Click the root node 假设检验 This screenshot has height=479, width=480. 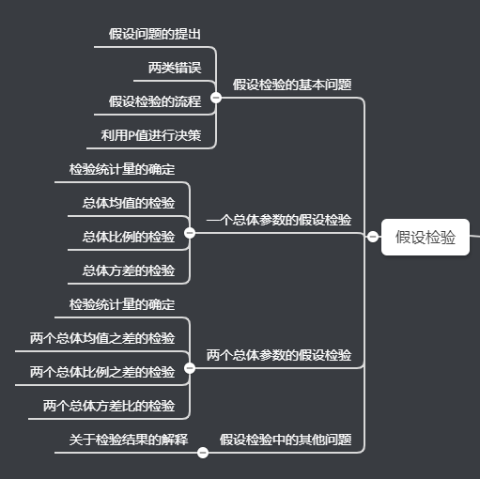426,237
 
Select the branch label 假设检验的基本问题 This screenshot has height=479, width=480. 292,84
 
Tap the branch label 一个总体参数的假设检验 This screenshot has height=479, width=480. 279,220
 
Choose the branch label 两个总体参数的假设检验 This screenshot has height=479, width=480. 279,355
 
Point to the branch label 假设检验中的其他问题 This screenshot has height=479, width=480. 286,439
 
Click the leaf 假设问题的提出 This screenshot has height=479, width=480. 155,34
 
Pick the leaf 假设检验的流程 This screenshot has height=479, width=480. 155,101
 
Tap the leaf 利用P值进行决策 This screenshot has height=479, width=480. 151,135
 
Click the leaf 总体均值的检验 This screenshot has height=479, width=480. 129,203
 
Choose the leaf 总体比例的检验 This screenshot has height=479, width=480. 129,237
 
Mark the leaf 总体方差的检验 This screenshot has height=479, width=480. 129,270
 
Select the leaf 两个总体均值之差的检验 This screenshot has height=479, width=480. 102,338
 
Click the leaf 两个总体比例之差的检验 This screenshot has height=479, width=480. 102,372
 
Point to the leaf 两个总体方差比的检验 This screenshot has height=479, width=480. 109,406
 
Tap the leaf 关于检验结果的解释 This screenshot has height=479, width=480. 129,439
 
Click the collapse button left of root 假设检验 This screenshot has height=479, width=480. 373,237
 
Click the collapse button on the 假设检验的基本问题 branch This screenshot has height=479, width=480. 216,97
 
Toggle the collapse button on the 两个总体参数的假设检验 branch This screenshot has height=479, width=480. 190,368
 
